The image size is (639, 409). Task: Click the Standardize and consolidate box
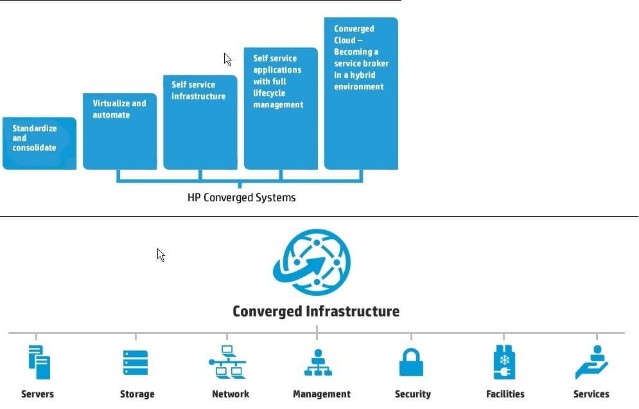(39, 143)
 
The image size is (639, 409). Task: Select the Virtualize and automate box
(120, 131)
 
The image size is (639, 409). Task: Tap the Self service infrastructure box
(200, 122)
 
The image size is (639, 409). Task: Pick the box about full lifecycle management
(281, 108)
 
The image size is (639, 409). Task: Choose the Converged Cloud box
(361, 93)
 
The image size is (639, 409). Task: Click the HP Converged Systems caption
(241, 198)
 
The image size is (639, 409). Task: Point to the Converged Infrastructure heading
(316, 311)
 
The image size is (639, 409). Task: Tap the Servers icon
(39, 363)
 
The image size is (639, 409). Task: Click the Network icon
(227, 363)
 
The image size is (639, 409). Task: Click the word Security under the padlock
(413, 394)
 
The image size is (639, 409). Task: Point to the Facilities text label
(505, 394)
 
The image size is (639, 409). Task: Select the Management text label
(322, 394)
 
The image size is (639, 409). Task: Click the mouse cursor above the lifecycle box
(227, 59)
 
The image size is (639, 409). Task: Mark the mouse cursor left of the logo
(161, 255)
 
